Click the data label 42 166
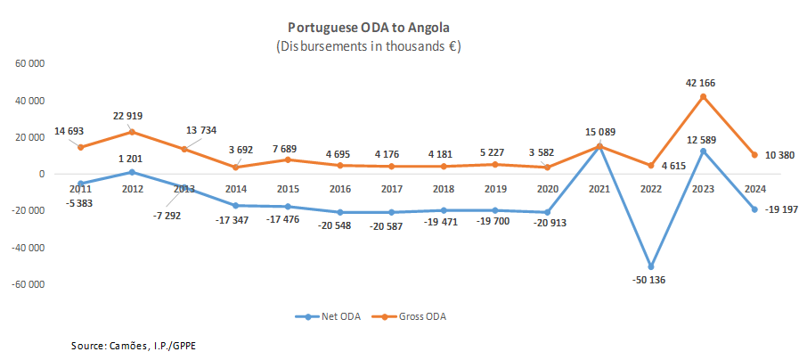(x=700, y=83)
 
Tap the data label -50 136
(x=648, y=280)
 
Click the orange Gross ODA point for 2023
(x=705, y=96)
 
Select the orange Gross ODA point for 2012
(x=133, y=132)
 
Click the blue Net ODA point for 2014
(x=237, y=206)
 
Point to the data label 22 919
(x=128, y=116)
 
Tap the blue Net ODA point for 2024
(x=756, y=209)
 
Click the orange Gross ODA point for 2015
(x=289, y=160)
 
